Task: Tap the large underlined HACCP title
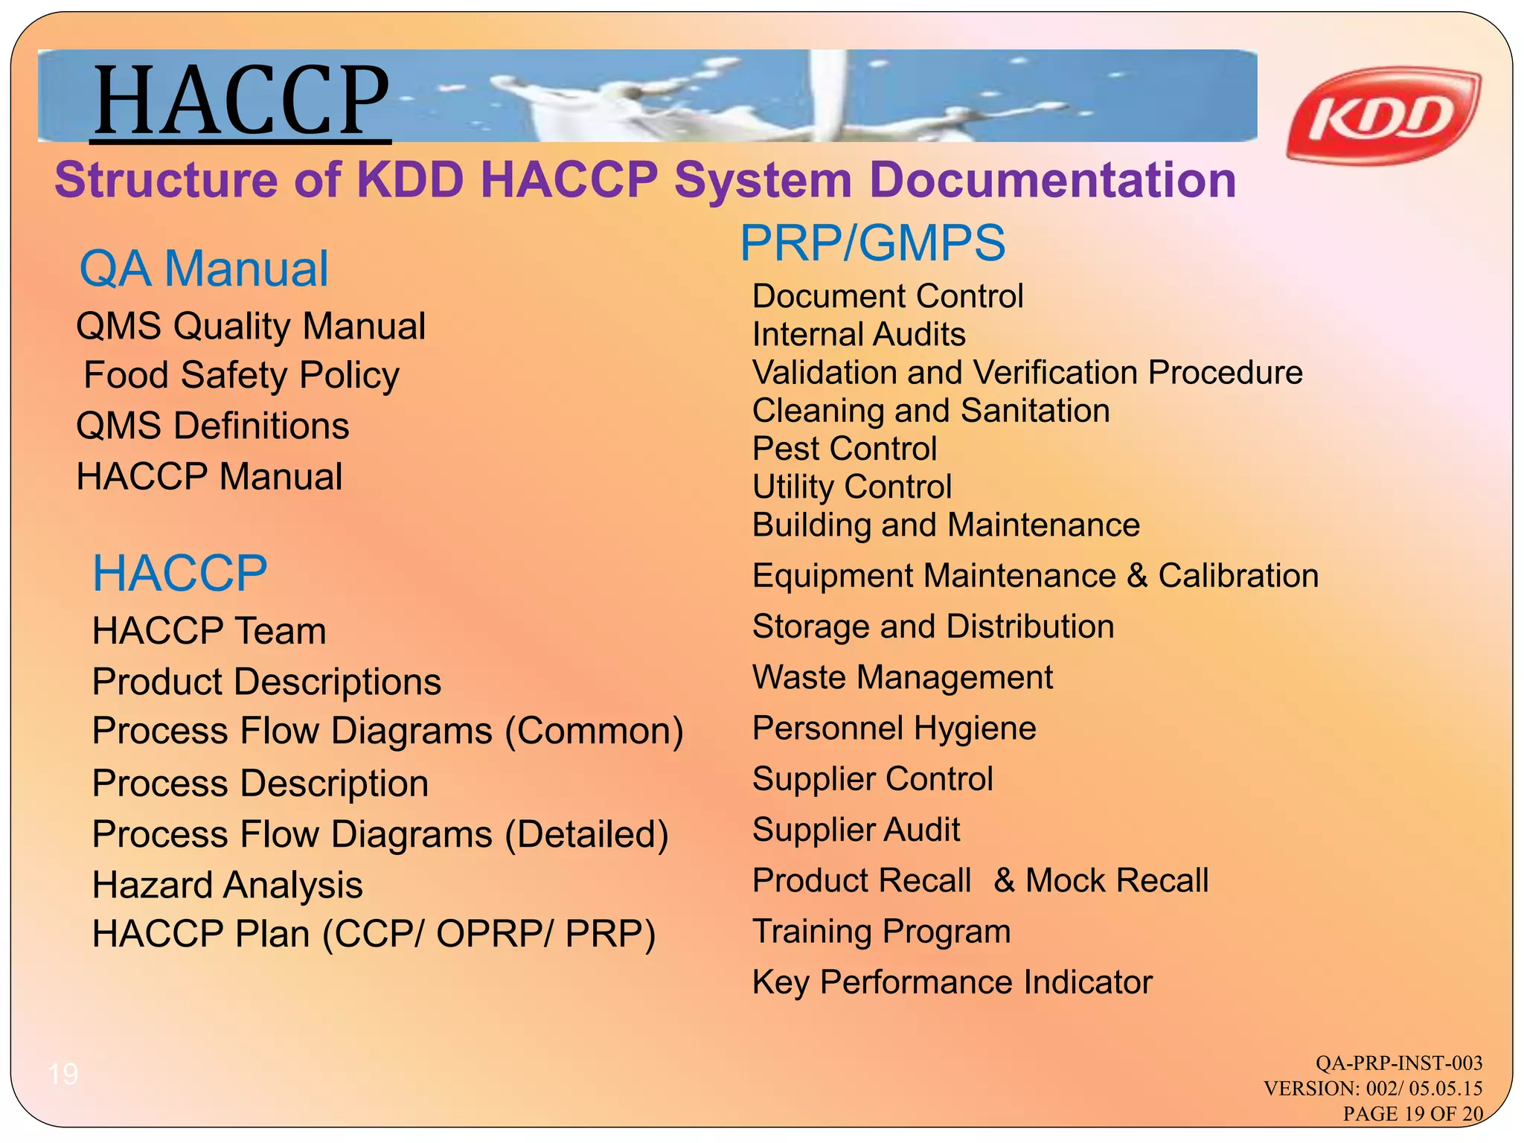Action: [x=241, y=100]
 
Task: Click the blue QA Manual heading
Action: [x=203, y=269]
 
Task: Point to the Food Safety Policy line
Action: [x=241, y=375]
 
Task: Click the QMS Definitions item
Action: [x=213, y=426]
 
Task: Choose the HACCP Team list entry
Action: [x=209, y=631]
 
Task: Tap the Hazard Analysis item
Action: [x=227, y=886]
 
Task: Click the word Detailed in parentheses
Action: [x=586, y=835]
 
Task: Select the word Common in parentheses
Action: [x=594, y=731]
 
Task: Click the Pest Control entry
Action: [x=844, y=449]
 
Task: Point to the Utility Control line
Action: [x=851, y=487]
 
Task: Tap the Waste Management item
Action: [x=902, y=678]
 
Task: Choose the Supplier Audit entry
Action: [x=856, y=830]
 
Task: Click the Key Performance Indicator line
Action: [x=952, y=982]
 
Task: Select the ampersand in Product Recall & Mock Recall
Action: [x=1004, y=881]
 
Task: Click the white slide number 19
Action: [x=63, y=1074]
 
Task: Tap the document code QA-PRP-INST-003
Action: [x=1398, y=1063]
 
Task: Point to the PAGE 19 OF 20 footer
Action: [x=1412, y=1114]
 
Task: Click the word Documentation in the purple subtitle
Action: [x=1052, y=181]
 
